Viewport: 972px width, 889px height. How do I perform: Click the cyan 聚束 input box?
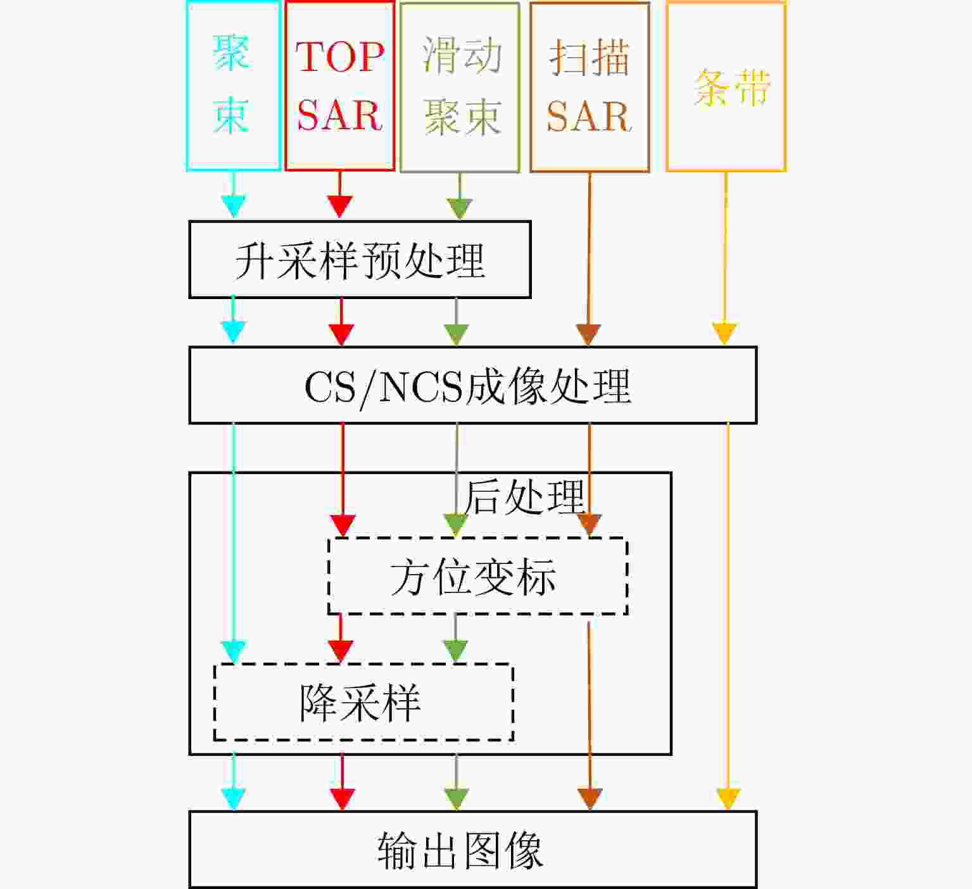(x=233, y=86)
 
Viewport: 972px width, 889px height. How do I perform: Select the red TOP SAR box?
(x=339, y=86)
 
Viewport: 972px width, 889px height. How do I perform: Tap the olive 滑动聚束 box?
(x=460, y=86)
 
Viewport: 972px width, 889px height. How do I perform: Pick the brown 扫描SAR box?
(x=590, y=86)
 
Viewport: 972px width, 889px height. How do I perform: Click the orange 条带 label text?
(x=732, y=87)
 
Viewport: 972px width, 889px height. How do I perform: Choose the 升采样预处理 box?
(x=360, y=260)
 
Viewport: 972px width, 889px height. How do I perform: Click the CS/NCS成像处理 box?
(x=472, y=385)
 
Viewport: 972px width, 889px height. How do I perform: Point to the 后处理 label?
(x=524, y=497)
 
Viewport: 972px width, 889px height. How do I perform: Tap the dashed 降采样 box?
(x=363, y=702)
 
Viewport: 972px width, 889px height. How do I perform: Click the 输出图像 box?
(x=472, y=850)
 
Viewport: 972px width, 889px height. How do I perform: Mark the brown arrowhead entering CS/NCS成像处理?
(x=588, y=334)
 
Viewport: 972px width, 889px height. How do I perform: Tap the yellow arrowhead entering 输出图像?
(x=728, y=799)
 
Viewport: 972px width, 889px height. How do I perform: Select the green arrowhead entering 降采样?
(x=456, y=651)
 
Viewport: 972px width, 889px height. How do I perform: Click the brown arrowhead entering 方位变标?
(x=590, y=525)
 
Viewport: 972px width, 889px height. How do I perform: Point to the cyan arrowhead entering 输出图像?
(x=234, y=799)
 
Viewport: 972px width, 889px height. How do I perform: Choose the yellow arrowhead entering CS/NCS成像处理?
(x=724, y=333)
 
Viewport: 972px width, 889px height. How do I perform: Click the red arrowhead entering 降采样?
(x=341, y=651)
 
